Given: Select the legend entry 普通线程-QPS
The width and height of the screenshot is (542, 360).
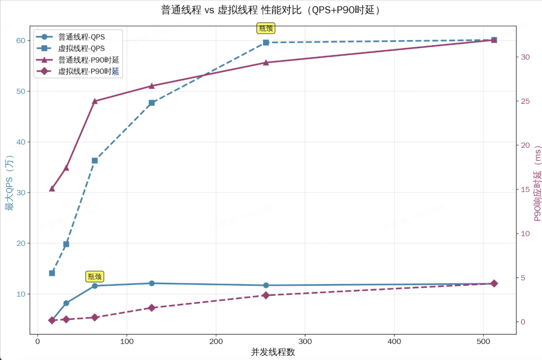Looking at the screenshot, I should [x=81, y=37].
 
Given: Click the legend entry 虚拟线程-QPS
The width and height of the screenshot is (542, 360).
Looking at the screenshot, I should [x=81, y=48].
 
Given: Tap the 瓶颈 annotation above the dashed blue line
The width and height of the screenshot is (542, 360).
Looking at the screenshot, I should [x=266, y=28].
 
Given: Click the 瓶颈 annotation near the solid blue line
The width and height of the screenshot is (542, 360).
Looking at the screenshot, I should [x=95, y=276].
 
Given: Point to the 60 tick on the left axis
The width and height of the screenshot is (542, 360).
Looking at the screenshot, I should [x=21, y=41].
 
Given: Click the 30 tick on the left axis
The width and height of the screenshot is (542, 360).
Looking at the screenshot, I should [x=21, y=193].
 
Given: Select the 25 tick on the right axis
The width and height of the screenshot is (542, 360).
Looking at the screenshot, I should [x=525, y=101].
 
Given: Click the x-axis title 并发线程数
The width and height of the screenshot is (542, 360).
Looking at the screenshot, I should [x=273, y=352].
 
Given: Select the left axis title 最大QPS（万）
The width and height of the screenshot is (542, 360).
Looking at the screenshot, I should [x=9, y=183].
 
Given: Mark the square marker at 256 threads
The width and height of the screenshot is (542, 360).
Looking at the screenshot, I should [x=266, y=43].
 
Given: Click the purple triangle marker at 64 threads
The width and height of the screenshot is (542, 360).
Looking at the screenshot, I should [x=95, y=101].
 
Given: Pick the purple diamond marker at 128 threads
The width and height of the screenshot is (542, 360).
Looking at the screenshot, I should [x=152, y=307].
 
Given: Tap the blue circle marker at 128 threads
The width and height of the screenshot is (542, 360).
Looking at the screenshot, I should [x=152, y=283].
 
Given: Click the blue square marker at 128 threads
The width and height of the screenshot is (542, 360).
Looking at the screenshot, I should [x=152, y=103].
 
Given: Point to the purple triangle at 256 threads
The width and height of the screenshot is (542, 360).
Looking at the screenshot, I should [x=266, y=63].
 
